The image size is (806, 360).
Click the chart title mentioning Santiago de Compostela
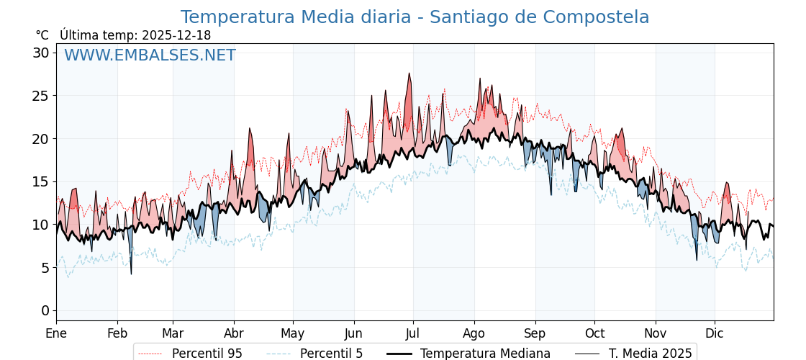tap(415, 17)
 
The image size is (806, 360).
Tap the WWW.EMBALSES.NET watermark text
tap(150, 55)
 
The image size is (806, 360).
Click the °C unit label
tap(42, 35)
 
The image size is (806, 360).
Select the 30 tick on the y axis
tap(40, 53)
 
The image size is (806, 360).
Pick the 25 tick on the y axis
tap(40, 96)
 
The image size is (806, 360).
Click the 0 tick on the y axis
tap(45, 310)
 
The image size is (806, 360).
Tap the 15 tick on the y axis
tap(40, 181)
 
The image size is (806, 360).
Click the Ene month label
tap(56, 333)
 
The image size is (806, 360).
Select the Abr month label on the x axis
tap(234, 333)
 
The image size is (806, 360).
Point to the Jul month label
tap(413, 333)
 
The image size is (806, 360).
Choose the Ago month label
tap(474, 333)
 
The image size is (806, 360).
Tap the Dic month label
tap(715, 333)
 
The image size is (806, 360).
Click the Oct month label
tap(594, 333)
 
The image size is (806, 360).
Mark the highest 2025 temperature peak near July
tap(409, 73)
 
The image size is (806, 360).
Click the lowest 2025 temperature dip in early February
tap(131, 274)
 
